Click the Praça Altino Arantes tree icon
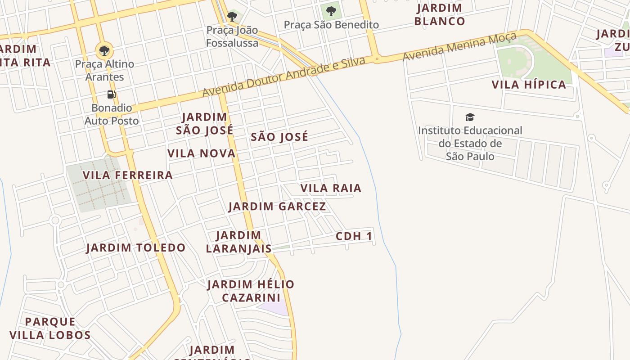[x=104, y=50]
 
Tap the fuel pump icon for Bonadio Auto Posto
[x=112, y=94]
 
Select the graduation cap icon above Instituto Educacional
[x=470, y=117]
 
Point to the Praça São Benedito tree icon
[x=331, y=11]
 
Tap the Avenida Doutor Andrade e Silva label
[x=283, y=77]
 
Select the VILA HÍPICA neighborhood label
[x=529, y=85]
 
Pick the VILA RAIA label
[x=331, y=188]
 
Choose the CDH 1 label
[x=354, y=236]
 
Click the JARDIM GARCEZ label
[x=277, y=207]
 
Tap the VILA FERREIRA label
[x=128, y=175]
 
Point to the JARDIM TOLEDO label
[x=135, y=247]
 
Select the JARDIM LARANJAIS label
[x=238, y=242]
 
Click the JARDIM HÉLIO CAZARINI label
[x=251, y=291]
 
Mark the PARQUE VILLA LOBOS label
[x=50, y=328]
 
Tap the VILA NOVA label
[x=201, y=153]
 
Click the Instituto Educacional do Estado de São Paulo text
[x=470, y=143]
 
